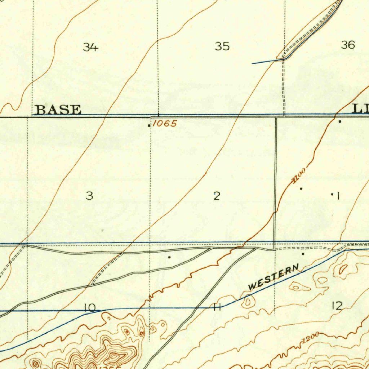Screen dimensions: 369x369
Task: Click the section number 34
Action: (90, 47)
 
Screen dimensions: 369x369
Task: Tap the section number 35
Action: (222, 46)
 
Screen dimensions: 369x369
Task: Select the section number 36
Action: (348, 45)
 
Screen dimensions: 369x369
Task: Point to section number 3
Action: (89, 196)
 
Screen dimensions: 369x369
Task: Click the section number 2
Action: (216, 196)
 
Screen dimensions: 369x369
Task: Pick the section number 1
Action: (338, 196)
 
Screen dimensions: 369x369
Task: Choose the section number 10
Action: (90, 308)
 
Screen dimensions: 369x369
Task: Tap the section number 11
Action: (217, 307)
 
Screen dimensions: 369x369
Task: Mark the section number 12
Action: (337, 306)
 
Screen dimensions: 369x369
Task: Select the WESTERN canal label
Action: (274, 277)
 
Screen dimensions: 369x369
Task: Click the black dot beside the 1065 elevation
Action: (149, 125)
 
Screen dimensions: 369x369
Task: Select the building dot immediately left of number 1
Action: (332, 194)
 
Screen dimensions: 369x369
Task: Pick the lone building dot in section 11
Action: (169, 257)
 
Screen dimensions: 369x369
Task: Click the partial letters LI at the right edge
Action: (360, 109)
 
